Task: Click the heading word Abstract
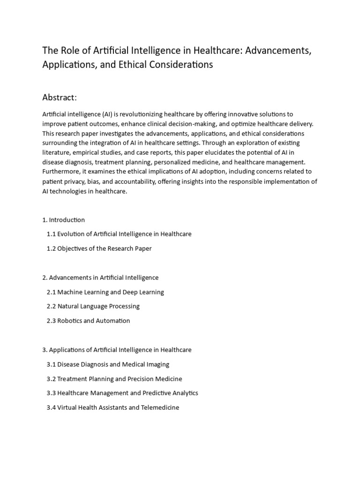(59, 97)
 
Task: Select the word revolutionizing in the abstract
(132, 114)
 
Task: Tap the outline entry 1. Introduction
(64, 219)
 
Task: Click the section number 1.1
(51, 234)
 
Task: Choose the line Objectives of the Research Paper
(105, 248)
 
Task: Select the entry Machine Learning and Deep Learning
(111, 292)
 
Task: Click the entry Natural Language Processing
(98, 307)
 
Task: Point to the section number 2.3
(51, 321)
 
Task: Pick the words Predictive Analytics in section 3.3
(169, 393)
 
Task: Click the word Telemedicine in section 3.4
(160, 408)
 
